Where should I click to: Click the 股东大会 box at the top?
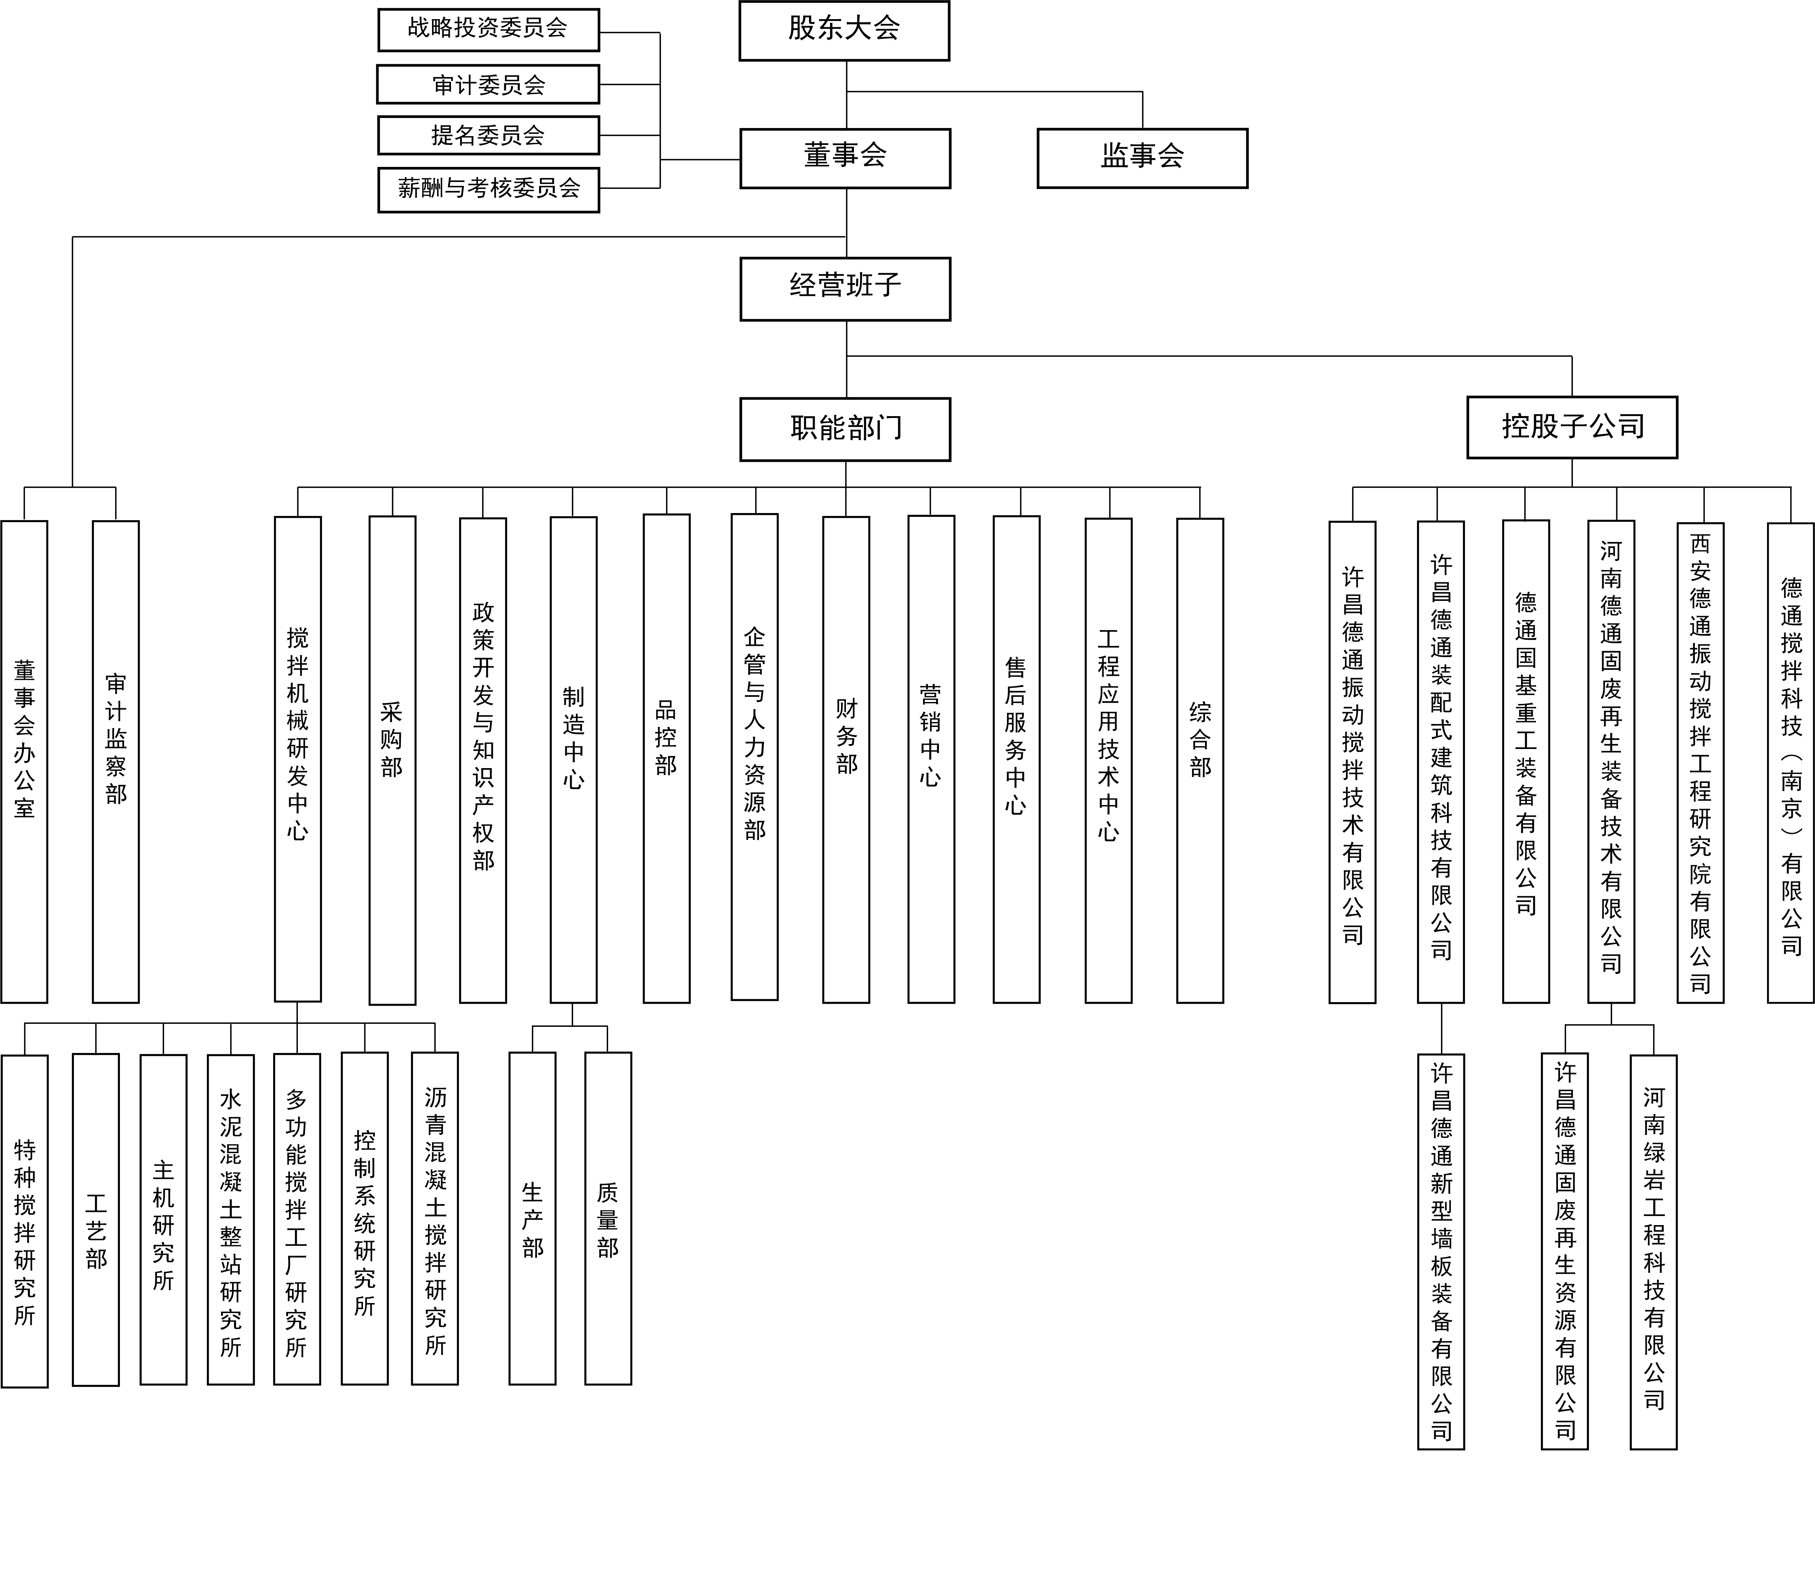click(x=844, y=31)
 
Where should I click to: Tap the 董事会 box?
click(x=845, y=158)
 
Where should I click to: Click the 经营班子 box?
click(x=845, y=288)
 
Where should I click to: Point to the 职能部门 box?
click(x=845, y=429)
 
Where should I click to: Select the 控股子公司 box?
click(x=1572, y=427)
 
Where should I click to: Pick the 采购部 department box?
click(x=392, y=760)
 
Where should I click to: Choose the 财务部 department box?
click(x=846, y=760)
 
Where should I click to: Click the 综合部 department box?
click(x=1200, y=760)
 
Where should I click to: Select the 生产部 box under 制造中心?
click(x=532, y=1218)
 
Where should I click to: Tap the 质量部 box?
click(x=608, y=1218)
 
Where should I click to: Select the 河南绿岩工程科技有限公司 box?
click(x=1654, y=1251)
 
